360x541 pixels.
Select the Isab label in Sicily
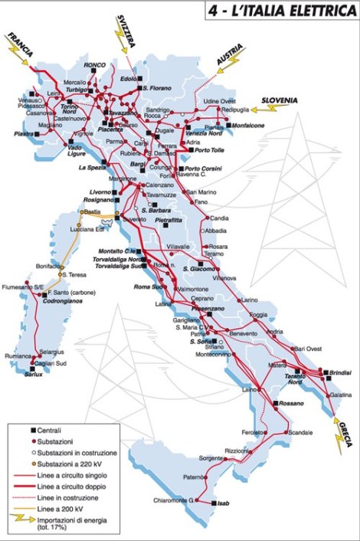click(223, 503)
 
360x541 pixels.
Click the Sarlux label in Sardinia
click(34, 374)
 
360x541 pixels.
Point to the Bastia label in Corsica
click(92, 211)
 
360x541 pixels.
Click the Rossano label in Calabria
click(292, 402)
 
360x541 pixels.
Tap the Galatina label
click(341, 394)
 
